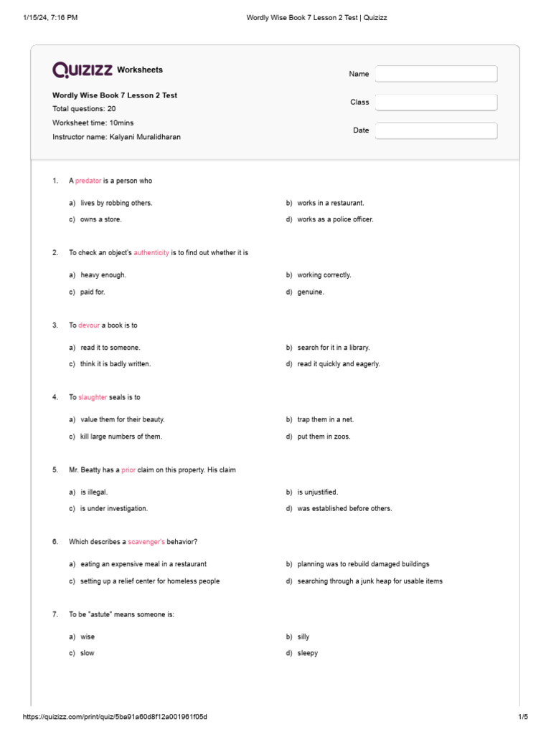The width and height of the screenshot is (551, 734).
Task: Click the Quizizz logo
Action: (83, 70)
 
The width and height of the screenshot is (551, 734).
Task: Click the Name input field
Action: (436, 74)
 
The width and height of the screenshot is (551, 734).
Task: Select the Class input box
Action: (436, 103)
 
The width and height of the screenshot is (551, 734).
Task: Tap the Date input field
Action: (436, 130)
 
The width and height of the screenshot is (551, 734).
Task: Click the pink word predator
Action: (88, 181)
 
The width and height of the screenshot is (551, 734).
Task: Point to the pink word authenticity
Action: (151, 253)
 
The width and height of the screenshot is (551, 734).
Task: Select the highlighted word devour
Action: (89, 325)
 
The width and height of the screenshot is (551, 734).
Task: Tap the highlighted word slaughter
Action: (93, 397)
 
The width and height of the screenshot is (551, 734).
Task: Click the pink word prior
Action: (128, 470)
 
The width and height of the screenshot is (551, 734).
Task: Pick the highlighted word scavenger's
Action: (146, 542)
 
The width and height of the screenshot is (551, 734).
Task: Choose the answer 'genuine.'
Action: (311, 292)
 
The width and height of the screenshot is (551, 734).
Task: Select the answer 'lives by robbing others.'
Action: (116, 203)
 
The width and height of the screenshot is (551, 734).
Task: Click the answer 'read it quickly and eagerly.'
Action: (339, 364)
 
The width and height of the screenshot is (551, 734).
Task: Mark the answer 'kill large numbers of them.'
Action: (121, 437)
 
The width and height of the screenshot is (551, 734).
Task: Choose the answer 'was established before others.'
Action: (344, 508)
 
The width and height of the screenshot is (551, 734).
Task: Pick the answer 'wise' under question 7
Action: (88, 637)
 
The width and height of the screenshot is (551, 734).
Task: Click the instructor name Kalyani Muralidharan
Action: (145, 136)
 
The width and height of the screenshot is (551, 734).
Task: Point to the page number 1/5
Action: (523, 717)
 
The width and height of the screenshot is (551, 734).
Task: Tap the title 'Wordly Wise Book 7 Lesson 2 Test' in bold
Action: (115, 95)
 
